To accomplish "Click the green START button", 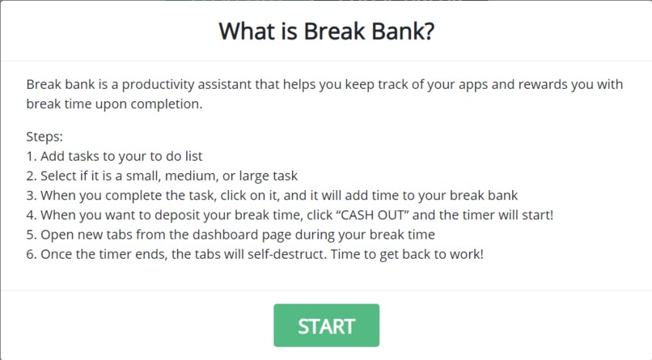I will coord(326,325).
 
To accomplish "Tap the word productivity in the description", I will coord(150,84).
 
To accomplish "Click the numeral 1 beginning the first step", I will coord(30,156).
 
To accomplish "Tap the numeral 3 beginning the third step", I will coord(31,195).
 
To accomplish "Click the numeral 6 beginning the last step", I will coord(31,254).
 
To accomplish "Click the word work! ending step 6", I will coord(465,254).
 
